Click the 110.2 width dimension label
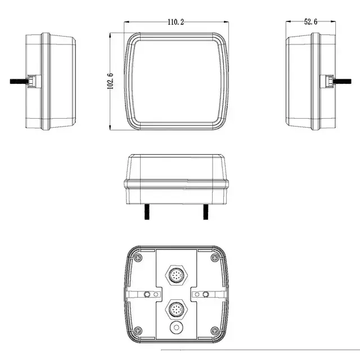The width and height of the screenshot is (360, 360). [x=175, y=22]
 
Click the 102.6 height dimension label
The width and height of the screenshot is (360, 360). [x=110, y=81]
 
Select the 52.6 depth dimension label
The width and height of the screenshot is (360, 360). [x=310, y=21]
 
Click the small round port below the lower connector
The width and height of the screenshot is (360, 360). [x=176, y=327]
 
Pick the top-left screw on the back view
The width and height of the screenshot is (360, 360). [x=138, y=258]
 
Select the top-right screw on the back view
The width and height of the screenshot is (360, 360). [x=215, y=258]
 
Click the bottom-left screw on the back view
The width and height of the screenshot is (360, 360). [x=138, y=331]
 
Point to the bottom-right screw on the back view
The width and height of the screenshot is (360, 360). [x=215, y=331]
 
